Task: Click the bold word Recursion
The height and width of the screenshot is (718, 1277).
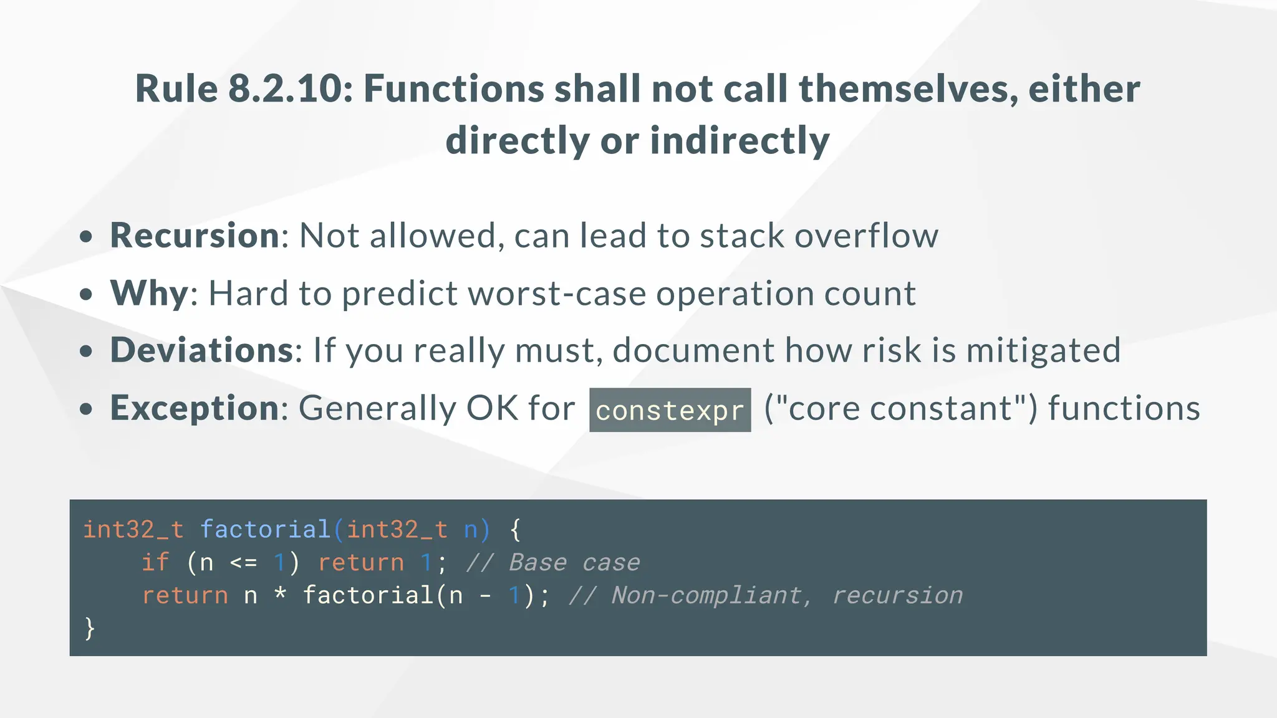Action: [195, 236]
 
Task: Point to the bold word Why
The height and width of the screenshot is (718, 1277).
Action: [149, 293]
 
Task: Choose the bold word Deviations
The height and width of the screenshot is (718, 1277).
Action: [201, 350]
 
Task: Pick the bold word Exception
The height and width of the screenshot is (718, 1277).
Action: [195, 408]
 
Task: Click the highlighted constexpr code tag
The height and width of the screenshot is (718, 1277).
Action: [670, 410]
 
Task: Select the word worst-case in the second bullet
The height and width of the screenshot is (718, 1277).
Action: [557, 293]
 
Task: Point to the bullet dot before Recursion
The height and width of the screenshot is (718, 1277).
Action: [86, 237]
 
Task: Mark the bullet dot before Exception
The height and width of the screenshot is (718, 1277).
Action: [86, 409]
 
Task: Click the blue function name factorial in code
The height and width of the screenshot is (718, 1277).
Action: [265, 529]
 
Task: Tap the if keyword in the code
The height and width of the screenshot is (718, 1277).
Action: [155, 562]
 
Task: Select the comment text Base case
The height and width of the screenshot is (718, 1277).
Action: [574, 562]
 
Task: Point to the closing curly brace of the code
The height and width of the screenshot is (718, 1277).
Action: [90, 628]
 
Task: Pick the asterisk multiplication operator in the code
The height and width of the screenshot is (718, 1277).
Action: [280, 594]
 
